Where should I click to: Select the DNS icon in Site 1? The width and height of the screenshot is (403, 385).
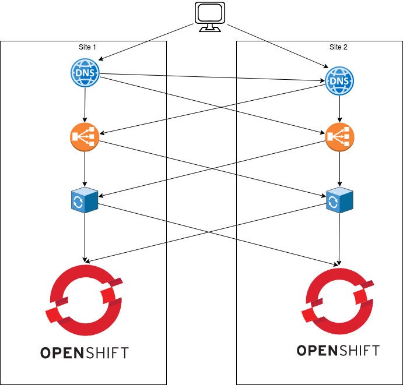click(85, 73)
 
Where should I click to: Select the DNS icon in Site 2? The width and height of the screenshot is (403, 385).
click(339, 81)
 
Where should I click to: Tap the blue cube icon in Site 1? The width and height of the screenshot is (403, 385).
click(85, 199)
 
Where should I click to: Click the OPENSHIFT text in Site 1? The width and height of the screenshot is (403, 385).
click(85, 352)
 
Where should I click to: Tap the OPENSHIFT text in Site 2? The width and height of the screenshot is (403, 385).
click(338, 350)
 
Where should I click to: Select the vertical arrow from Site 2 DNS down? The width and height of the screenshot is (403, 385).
click(339, 109)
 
